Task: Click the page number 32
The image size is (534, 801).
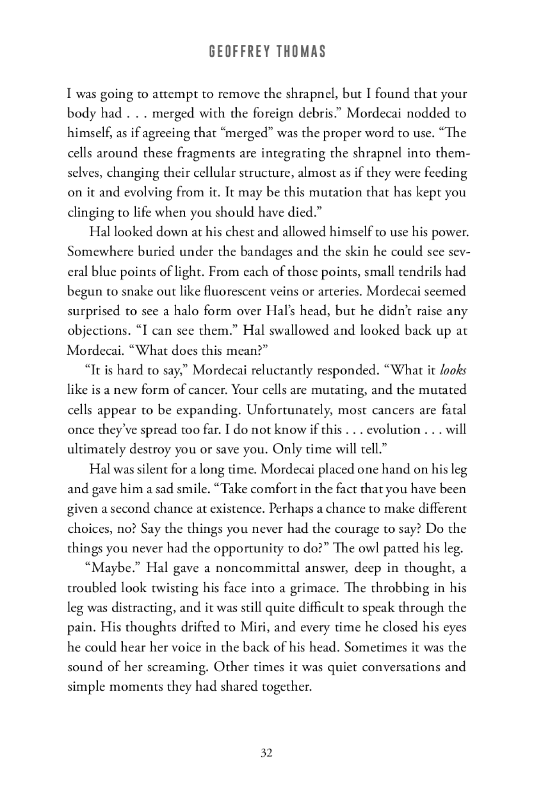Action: pos(267,753)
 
